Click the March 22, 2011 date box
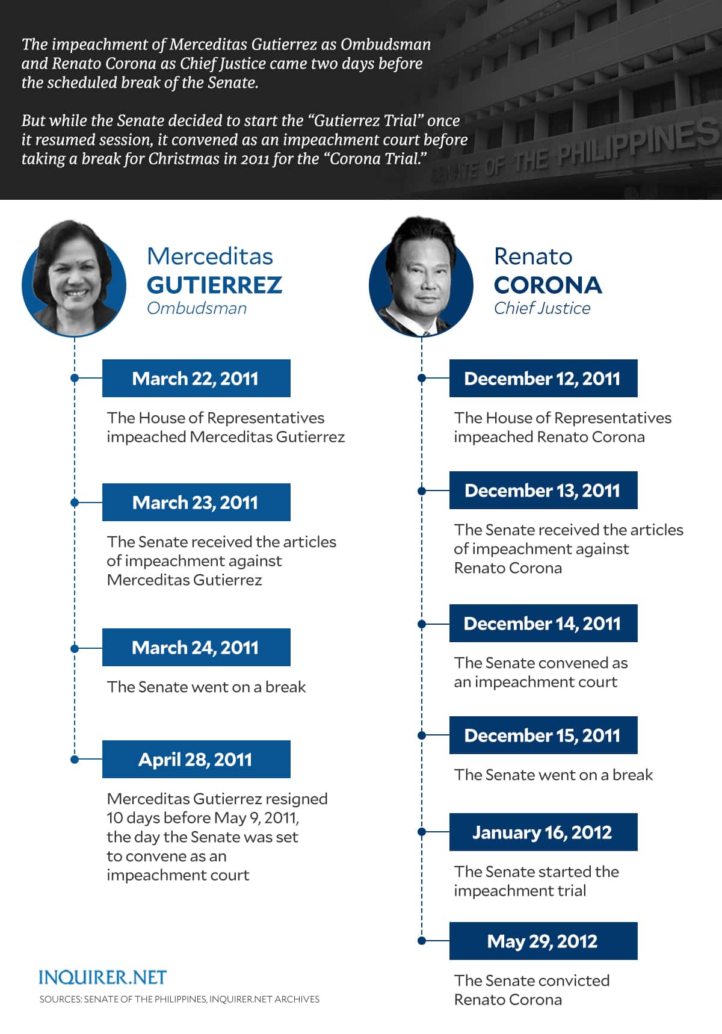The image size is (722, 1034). pos(196,379)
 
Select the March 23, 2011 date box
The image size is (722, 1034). pos(196,503)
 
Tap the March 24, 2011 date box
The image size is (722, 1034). pos(196,648)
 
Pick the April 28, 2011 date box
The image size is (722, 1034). pos(196,760)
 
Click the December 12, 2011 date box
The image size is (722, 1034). pos(543,379)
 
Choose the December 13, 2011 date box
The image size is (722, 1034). pos(543,491)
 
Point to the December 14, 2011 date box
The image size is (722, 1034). pos(543,624)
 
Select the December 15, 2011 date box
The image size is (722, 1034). pos(543,735)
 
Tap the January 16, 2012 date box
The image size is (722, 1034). pos(543,832)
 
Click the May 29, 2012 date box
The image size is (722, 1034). pos(543,941)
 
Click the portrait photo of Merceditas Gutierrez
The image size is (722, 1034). pos(74,280)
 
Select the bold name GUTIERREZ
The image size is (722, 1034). pos(214,285)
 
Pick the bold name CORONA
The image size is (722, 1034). pos(548,285)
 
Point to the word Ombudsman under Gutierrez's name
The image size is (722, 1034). pos(197,308)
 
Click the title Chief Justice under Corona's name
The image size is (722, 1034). pos(542,308)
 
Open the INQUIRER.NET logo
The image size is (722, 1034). pos(102,977)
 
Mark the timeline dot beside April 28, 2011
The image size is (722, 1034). pos(75,760)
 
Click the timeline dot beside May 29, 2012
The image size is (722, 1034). pos(422,941)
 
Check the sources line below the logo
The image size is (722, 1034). pos(179,999)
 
